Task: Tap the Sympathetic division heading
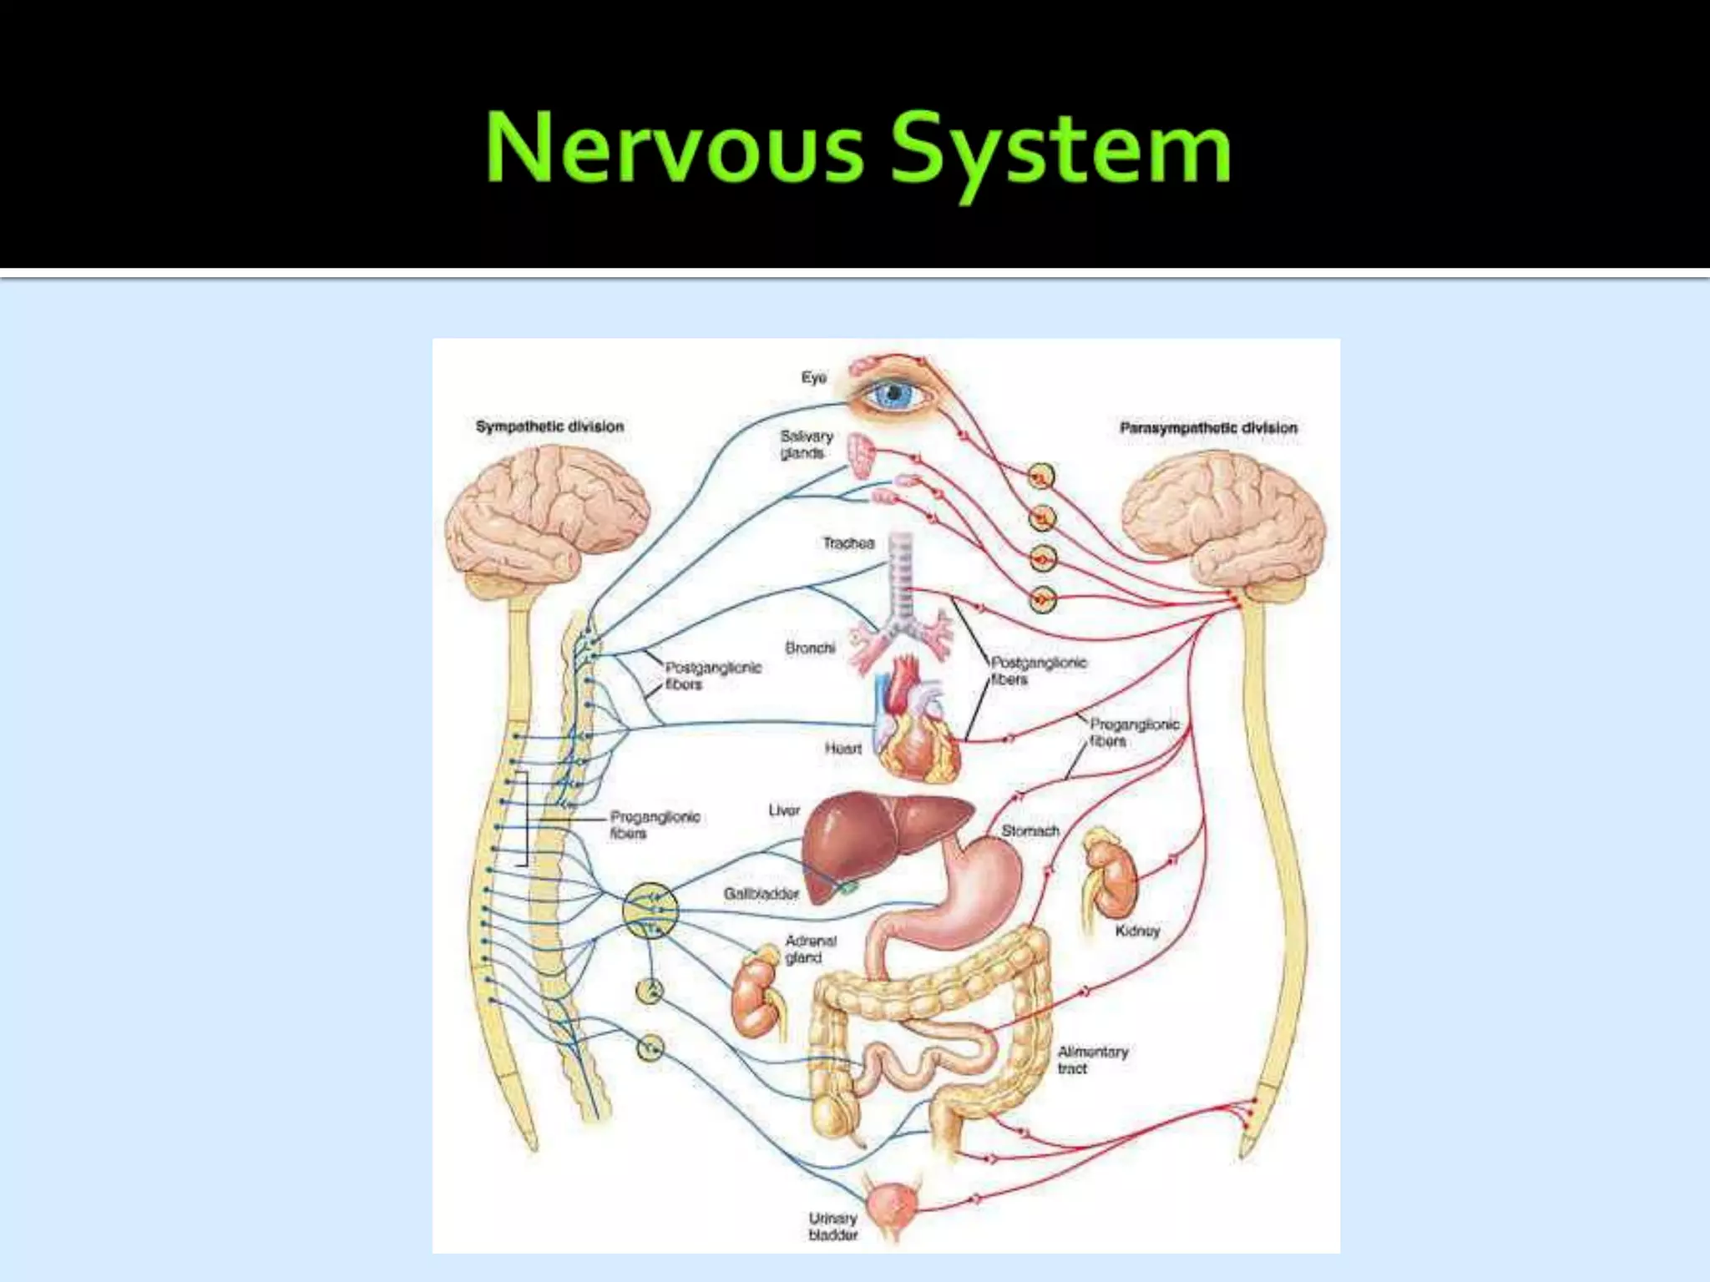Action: tap(549, 426)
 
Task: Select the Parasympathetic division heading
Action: tap(1208, 428)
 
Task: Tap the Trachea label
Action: tap(848, 543)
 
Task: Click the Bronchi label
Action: tap(810, 648)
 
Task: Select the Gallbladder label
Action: tap(761, 894)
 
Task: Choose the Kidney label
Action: tap(1137, 931)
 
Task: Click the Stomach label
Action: tap(1030, 830)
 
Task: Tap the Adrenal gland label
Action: tap(810, 949)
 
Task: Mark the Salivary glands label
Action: tap(806, 444)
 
